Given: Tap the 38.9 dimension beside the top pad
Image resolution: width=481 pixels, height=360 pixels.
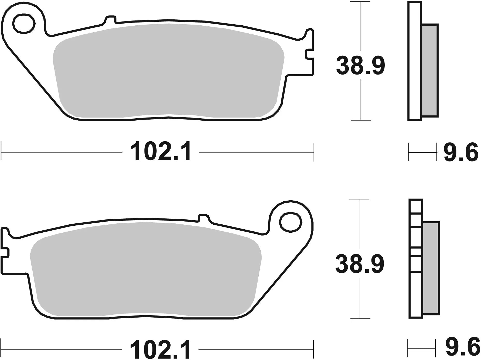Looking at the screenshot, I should coord(360,66).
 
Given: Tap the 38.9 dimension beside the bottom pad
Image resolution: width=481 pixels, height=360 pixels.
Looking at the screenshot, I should coord(360,264).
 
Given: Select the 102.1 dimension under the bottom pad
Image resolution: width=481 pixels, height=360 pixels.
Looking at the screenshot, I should coord(161,349).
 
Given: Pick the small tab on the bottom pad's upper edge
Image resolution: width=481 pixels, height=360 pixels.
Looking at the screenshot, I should coord(203,217).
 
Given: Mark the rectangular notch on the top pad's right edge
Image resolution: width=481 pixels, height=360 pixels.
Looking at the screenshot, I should coord(309,54).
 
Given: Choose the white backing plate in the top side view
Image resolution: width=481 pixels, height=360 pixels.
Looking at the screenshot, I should coord(414,61).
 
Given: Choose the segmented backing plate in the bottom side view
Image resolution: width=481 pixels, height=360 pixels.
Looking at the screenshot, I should coord(416,259).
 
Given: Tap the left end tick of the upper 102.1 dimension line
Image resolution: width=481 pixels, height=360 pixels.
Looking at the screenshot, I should coord(2,152).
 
